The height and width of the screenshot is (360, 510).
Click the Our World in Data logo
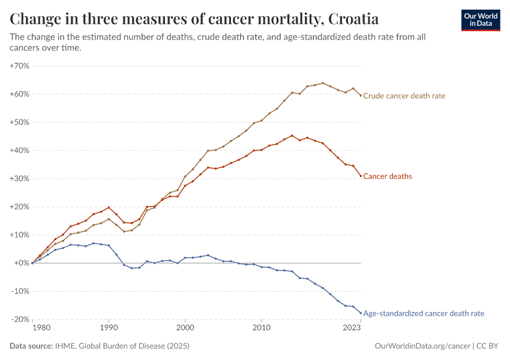[x=480, y=20]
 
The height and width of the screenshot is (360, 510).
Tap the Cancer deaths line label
[x=388, y=176]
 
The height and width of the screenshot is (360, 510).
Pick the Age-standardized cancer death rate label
[x=424, y=313]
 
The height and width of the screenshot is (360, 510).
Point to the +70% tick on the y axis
[x=20, y=66]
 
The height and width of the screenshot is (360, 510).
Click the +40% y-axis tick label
[x=20, y=151]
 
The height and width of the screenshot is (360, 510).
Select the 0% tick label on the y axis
[x=22, y=263]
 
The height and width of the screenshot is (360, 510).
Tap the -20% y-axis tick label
[x=20, y=319]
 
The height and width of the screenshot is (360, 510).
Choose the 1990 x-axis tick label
[x=109, y=328]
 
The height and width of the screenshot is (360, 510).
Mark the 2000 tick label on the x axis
[x=185, y=328]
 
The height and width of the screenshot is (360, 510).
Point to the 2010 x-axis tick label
[x=261, y=328]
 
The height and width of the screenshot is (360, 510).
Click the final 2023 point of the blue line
[x=361, y=313]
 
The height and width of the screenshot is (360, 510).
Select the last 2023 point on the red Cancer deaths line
[x=361, y=176]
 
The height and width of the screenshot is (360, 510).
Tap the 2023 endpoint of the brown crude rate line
[x=361, y=95]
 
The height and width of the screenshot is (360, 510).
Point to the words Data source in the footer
[x=31, y=346]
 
